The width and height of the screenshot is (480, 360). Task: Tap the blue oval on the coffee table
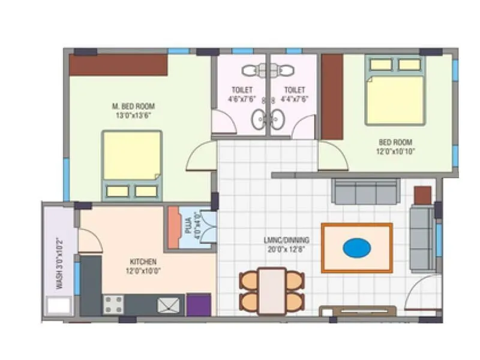tap(356, 247)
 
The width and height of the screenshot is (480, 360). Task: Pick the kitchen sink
tap(168, 305)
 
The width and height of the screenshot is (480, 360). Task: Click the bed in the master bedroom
tap(132, 165)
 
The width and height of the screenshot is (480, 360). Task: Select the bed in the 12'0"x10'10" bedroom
tap(395, 90)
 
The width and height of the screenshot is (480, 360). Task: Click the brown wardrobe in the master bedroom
tap(118, 65)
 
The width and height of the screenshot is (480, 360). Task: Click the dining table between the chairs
tap(272, 291)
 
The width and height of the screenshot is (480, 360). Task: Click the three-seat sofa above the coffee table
tap(366, 191)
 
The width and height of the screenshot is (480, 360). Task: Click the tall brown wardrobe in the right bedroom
tap(332, 97)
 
